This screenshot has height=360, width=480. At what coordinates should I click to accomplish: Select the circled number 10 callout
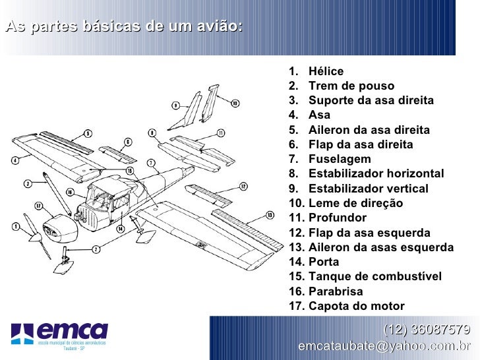[235, 102]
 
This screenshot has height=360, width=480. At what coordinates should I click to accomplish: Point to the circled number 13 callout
[269, 215]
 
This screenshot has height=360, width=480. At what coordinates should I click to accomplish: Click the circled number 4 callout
[15, 159]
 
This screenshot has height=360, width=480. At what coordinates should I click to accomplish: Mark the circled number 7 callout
[151, 163]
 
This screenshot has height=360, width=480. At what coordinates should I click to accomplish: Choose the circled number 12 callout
[243, 187]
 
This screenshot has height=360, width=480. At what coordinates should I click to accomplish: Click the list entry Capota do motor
[357, 305]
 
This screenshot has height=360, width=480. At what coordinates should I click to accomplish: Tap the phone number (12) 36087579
[427, 330]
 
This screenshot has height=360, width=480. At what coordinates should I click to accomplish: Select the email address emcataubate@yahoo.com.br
[384, 346]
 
